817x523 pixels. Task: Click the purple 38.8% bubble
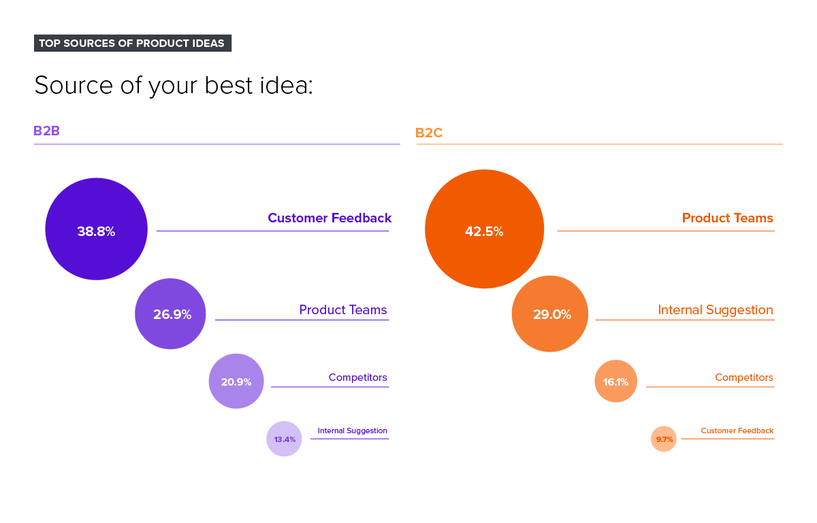(x=96, y=229)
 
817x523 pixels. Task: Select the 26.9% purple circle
(x=170, y=314)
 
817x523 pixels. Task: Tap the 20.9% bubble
(x=236, y=381)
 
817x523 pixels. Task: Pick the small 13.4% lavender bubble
(x=284, y=439)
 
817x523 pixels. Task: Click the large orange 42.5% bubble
(x=484, y=229)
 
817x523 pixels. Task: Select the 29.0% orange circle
(x=550, y=314)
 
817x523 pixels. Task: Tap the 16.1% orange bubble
(x=615, y=381)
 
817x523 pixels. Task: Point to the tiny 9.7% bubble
(x=664, y=439)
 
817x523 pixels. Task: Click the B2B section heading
(x=47, y=131)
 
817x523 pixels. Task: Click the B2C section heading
(x=429, y=133)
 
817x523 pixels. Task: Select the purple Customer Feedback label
(x=330, y=218)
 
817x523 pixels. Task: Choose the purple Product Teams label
(x=343, y=310)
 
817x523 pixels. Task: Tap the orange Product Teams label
(x=728, y=218)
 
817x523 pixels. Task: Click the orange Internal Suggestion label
(x=716, y=310)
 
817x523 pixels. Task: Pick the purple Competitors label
(x=357, y=377)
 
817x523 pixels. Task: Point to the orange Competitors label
(x=744, y=377)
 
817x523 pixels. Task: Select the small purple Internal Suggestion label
(x=352, y=431)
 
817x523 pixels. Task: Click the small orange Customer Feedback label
(x=737, y=431)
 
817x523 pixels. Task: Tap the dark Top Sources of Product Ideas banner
(x=132, y=44)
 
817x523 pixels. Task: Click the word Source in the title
(x=66, y=86)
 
